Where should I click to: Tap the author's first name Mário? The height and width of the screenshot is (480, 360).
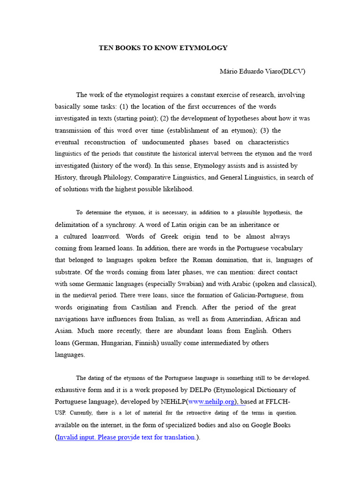click(x=229, y=71)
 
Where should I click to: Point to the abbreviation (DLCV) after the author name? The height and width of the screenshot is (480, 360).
click(x=293, y=71)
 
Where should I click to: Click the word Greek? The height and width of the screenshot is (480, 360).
click(x=166, y=236)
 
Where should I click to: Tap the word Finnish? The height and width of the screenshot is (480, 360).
click(x=147, y=343)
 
